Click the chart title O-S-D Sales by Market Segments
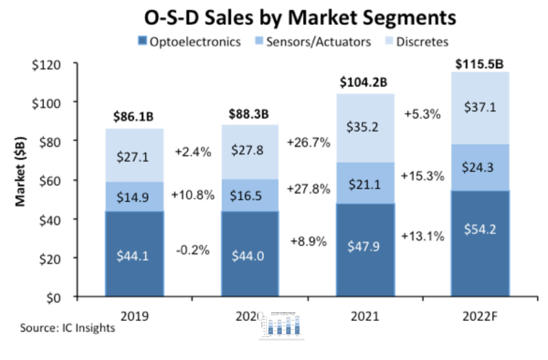pyautogui.click(x=300, y=16)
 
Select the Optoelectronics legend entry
pyautogui.click(x=189, y=42)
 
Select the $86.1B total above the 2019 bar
pyautogui.click(x=135, y=114)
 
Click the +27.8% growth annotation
pyautogui.click(x=307, y=188)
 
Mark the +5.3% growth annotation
pyautogui.click(x=421, y=114)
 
